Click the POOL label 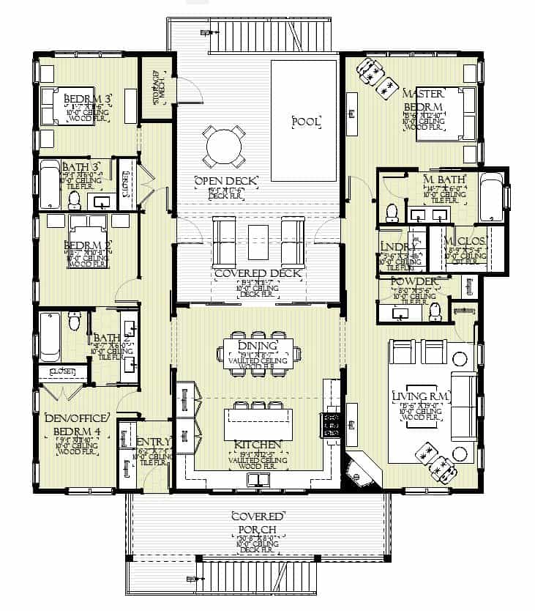[x=306, y=122]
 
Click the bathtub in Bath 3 [x=49, y=184]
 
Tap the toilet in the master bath [x=391, y=211]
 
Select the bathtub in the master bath [x=491, y=196]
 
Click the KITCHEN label [x=257, y=445]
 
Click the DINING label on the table [x=258, y=346]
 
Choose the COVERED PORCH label [x=257, y=522]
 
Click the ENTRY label [x=154, y=442]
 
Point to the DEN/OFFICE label [x=77, y=418]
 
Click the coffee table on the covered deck [x=258, y=242]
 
